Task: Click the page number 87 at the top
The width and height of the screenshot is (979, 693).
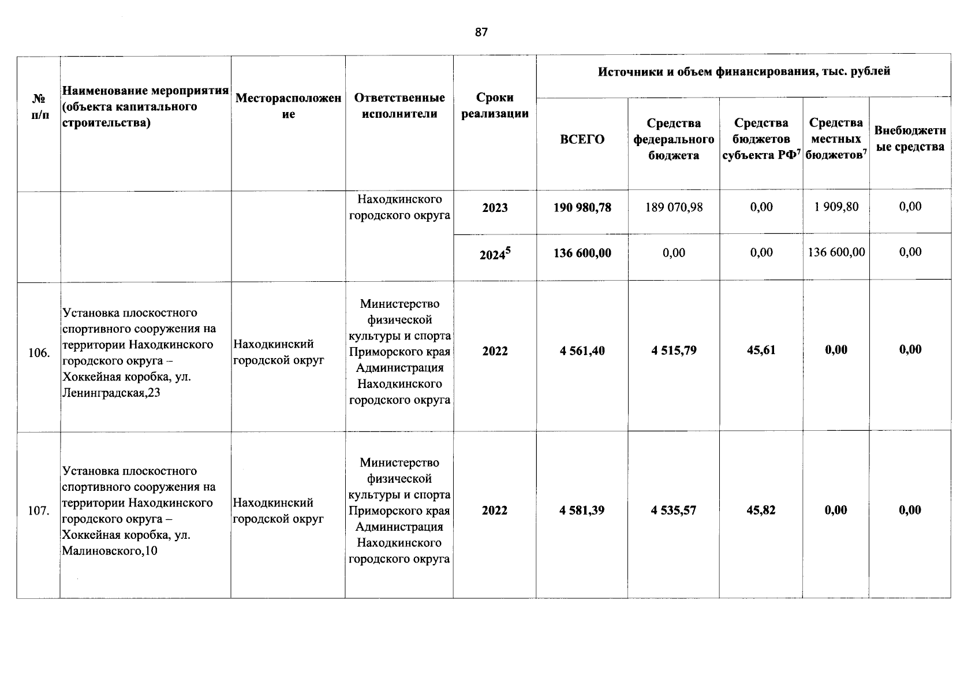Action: (x=481, y=32)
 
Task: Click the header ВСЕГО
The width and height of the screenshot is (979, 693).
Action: (x=582, y=139)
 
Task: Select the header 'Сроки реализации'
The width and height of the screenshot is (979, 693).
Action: (x=495, y=106)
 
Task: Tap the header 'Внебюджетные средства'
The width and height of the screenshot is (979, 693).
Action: (x=910, y=139)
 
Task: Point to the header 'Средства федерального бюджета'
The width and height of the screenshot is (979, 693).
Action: (x=674, y=139)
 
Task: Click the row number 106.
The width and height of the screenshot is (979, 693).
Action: (x=39, y=353)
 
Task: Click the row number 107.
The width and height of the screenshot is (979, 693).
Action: (x=39, y=511)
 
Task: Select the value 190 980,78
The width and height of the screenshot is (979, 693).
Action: (x=582, y=207)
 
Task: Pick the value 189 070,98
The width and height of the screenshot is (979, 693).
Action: (x=674, y=207)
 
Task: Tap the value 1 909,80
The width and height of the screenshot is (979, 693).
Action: (x=836, y=207)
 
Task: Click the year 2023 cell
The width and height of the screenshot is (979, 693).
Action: (x=495, y=208)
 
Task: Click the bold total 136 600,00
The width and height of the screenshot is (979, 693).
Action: (x=582, y=253)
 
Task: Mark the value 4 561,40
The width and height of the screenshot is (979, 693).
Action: (x=582, y=351)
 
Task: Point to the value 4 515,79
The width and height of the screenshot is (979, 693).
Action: (x=674, y=351)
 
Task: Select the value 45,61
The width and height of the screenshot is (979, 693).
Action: (x=761, y=350)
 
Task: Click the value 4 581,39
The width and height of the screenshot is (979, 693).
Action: (x=582, y=511)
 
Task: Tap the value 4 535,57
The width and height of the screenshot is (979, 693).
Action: (x=674, y=511)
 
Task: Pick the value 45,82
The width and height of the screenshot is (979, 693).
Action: (x=761, y=510)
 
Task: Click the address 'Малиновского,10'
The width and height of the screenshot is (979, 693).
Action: (x=109, y=551)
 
